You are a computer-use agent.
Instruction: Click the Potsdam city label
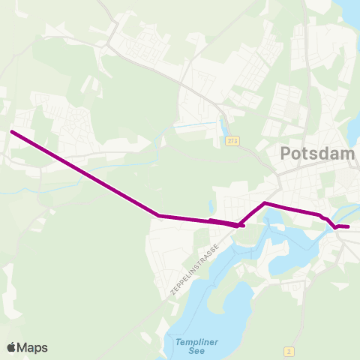(316, 154)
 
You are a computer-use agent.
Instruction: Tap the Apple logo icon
(11, 347)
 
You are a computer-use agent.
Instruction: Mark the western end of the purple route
(11, 132)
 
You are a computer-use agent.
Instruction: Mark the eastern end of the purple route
(348, 226)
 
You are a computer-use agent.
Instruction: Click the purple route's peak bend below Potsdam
(265, 202)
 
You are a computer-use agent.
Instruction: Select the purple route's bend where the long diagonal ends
(160, 216)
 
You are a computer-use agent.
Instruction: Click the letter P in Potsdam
(286, 154)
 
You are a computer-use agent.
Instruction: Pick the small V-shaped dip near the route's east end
(334, 227)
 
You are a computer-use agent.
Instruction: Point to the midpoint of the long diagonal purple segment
(85, 174)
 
